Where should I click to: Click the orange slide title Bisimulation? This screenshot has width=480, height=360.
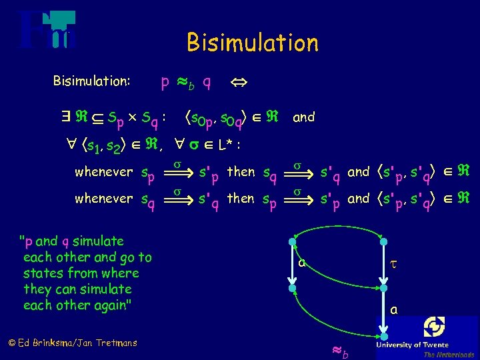coord(253,43)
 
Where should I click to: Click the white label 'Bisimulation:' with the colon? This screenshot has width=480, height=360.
coord(91,81)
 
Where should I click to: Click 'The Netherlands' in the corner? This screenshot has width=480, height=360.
coord(449,355)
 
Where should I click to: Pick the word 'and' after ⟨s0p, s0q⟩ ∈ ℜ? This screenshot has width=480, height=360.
coord(303,117)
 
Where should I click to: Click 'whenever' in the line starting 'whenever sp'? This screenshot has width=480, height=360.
coord(104,172)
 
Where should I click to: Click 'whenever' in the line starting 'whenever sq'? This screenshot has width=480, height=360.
coord(104,199)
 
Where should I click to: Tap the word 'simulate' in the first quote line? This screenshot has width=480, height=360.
coord(98,241)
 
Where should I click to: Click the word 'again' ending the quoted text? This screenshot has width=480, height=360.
coord(114,305)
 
